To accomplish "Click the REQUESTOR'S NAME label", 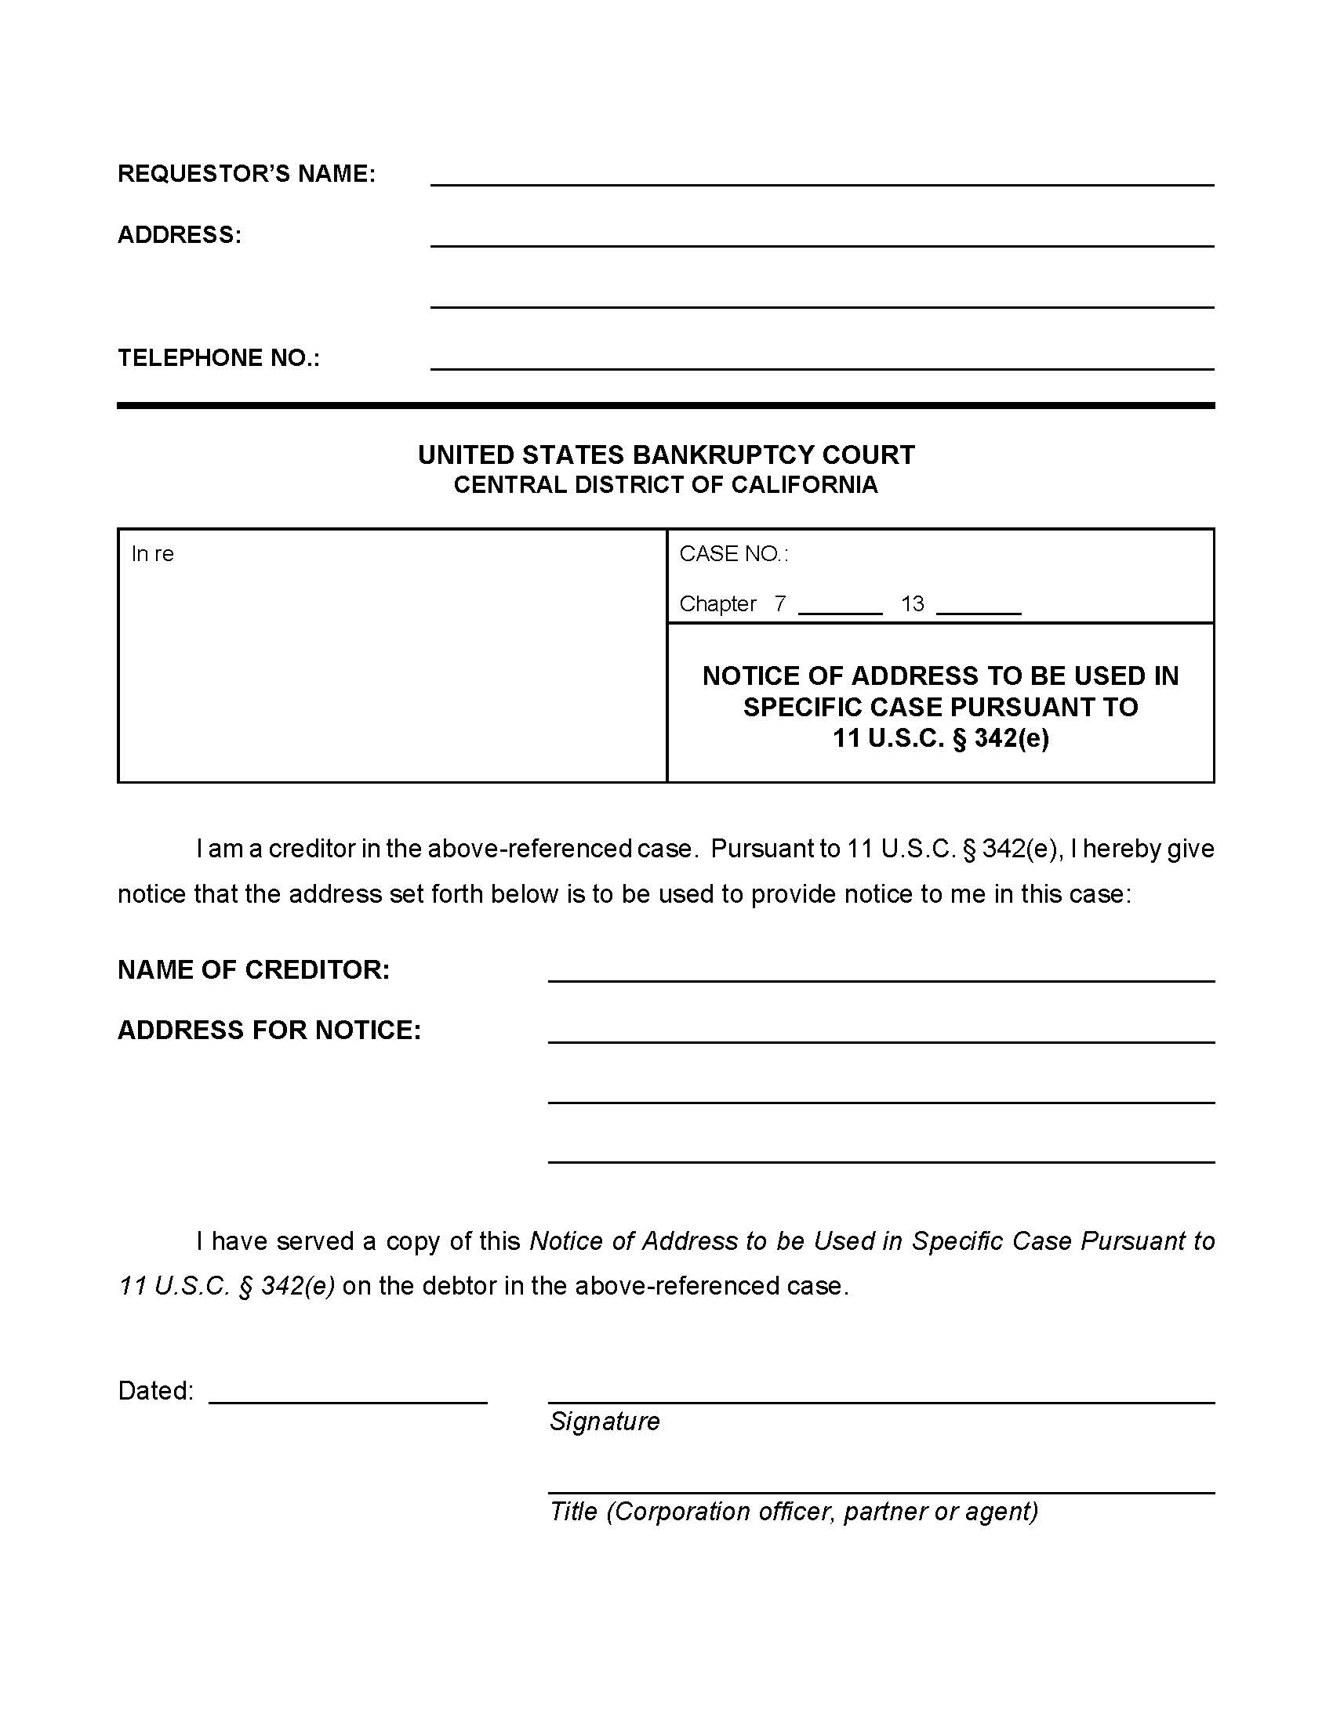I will click(246, 174).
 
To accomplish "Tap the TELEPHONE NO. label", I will click(219, 358).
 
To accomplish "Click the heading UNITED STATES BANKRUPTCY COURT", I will click(666, 455).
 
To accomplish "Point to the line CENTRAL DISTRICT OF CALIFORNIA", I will click(666, 484).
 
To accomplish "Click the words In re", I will click(152, 554).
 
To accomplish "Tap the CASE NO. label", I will click(733, 554).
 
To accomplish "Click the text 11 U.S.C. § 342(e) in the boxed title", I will click(940, 738).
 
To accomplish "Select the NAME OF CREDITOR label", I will click(253, 969).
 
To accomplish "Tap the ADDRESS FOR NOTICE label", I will click(269, 1030).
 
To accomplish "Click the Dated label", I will click(154, 1390).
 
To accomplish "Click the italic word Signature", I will click(604, 1421).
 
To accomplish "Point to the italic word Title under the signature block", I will click(573, 1511).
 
